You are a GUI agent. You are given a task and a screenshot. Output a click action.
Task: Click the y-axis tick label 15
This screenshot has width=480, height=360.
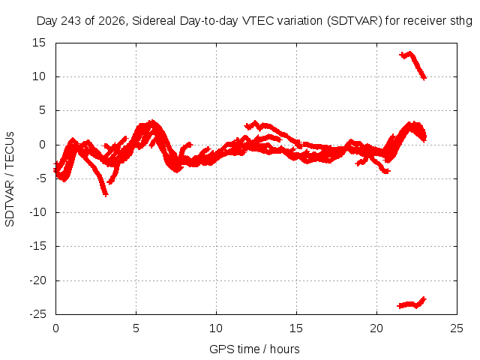(39, 43)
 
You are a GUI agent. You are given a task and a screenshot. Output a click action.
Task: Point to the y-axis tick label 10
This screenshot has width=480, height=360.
(39, 76)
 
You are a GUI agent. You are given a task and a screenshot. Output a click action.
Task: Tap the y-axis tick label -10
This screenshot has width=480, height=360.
(37, 212)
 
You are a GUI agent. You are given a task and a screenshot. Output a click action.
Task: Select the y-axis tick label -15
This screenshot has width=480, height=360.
(37, 246)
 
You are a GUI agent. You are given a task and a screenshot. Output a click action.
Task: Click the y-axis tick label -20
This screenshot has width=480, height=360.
(37, 280)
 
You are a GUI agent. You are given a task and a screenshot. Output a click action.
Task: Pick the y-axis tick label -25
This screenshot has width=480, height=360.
(37, 314)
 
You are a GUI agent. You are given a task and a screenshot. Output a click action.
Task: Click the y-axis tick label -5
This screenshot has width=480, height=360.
(40, 178)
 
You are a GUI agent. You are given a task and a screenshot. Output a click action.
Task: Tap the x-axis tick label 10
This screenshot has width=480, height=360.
(216, 328)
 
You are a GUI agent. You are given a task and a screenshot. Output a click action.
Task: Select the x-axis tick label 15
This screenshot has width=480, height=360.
(296, 328)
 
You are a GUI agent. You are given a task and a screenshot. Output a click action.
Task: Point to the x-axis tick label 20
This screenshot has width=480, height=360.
(376, 328)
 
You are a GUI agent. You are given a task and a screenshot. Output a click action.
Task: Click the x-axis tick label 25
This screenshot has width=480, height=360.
(457, 328)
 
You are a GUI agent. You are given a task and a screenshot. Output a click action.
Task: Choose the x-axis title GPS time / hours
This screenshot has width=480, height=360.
(254, 349)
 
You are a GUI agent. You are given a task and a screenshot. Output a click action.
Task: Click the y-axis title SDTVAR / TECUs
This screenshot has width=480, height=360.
(10, 179)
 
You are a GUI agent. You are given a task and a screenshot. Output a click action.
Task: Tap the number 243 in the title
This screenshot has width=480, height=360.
(71, 21)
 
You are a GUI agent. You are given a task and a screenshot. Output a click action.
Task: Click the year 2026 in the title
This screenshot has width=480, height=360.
(112, 21)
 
